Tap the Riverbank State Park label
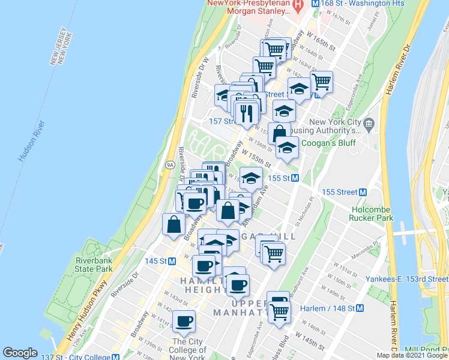coord(94,265)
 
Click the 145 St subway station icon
coord(172,261)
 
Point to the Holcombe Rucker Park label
coord(373,213)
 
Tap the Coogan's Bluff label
coord(328,143)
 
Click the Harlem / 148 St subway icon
coord(360,308)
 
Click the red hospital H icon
coord(298,5)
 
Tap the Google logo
coord(20,353)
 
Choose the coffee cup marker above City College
coord(184,321)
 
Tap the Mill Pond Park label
coord(427,350)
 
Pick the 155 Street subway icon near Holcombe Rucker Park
coord(363,192)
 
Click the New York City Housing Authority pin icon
coord(369,124)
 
